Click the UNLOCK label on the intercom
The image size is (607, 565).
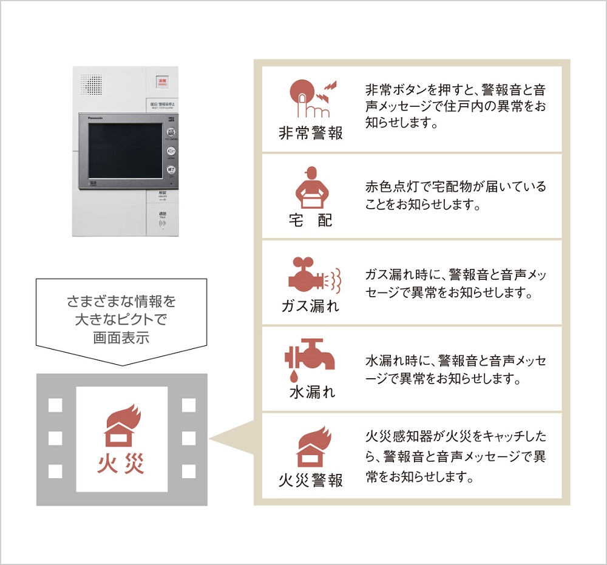(163, 196)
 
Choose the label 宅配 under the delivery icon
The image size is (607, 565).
(311, 220)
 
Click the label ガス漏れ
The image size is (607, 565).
(310, 305)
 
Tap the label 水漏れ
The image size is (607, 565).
(311, 392)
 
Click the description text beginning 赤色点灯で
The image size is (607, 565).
(456, 195)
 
